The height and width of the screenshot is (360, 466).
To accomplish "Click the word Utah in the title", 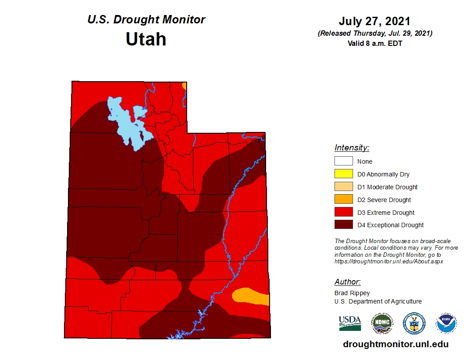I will click(x=146, y=39).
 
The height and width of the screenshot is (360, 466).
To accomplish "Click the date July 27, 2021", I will click(x=374, y=21).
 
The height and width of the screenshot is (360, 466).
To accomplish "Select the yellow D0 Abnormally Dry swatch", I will click(x=344, y=174).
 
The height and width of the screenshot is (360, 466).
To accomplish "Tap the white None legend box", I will click(x=344, y=161).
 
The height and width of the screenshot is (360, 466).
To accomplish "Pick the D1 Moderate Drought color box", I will click(x=344, y=187).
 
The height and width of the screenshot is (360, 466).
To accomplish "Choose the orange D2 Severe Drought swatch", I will click(x=344, y=200).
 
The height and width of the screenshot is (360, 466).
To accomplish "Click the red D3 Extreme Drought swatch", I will click(x=344, y=213).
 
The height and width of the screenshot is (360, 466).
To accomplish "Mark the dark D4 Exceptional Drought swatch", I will click(x=344, y=225).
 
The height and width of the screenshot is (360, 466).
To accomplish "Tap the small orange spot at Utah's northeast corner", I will click(x=184, y=86).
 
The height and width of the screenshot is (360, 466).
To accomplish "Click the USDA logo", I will click(x=350, y=323).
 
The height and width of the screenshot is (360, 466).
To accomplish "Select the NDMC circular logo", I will click(x=382, y=323).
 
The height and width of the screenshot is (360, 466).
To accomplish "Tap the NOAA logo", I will click(x=446, y=323).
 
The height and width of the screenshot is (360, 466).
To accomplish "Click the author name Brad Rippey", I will click(x=352, y=293).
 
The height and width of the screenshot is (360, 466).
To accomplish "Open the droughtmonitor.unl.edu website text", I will click(x=395, y=345).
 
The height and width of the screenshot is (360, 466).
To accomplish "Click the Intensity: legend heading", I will click(x=352, y=148).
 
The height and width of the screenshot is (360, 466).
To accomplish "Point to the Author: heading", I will click(x=347, y=282).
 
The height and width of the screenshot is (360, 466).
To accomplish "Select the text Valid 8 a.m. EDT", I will click(x=375, y=43).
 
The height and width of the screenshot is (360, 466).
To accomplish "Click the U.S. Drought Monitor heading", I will click(x=146, y=20).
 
